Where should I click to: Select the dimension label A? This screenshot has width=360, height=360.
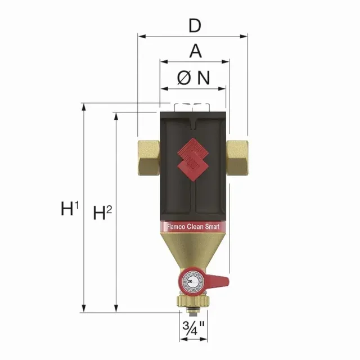[x=195, y=51]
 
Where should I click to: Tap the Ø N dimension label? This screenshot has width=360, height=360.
[x=193, y=78]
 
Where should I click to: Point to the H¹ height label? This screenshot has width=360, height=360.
[x=69, y=209]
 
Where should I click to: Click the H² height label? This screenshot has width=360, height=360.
[x=103, y=213]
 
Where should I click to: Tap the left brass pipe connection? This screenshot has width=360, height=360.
[x=148, y=158]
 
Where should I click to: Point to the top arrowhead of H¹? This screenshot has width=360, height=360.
[x=84, y=106]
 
